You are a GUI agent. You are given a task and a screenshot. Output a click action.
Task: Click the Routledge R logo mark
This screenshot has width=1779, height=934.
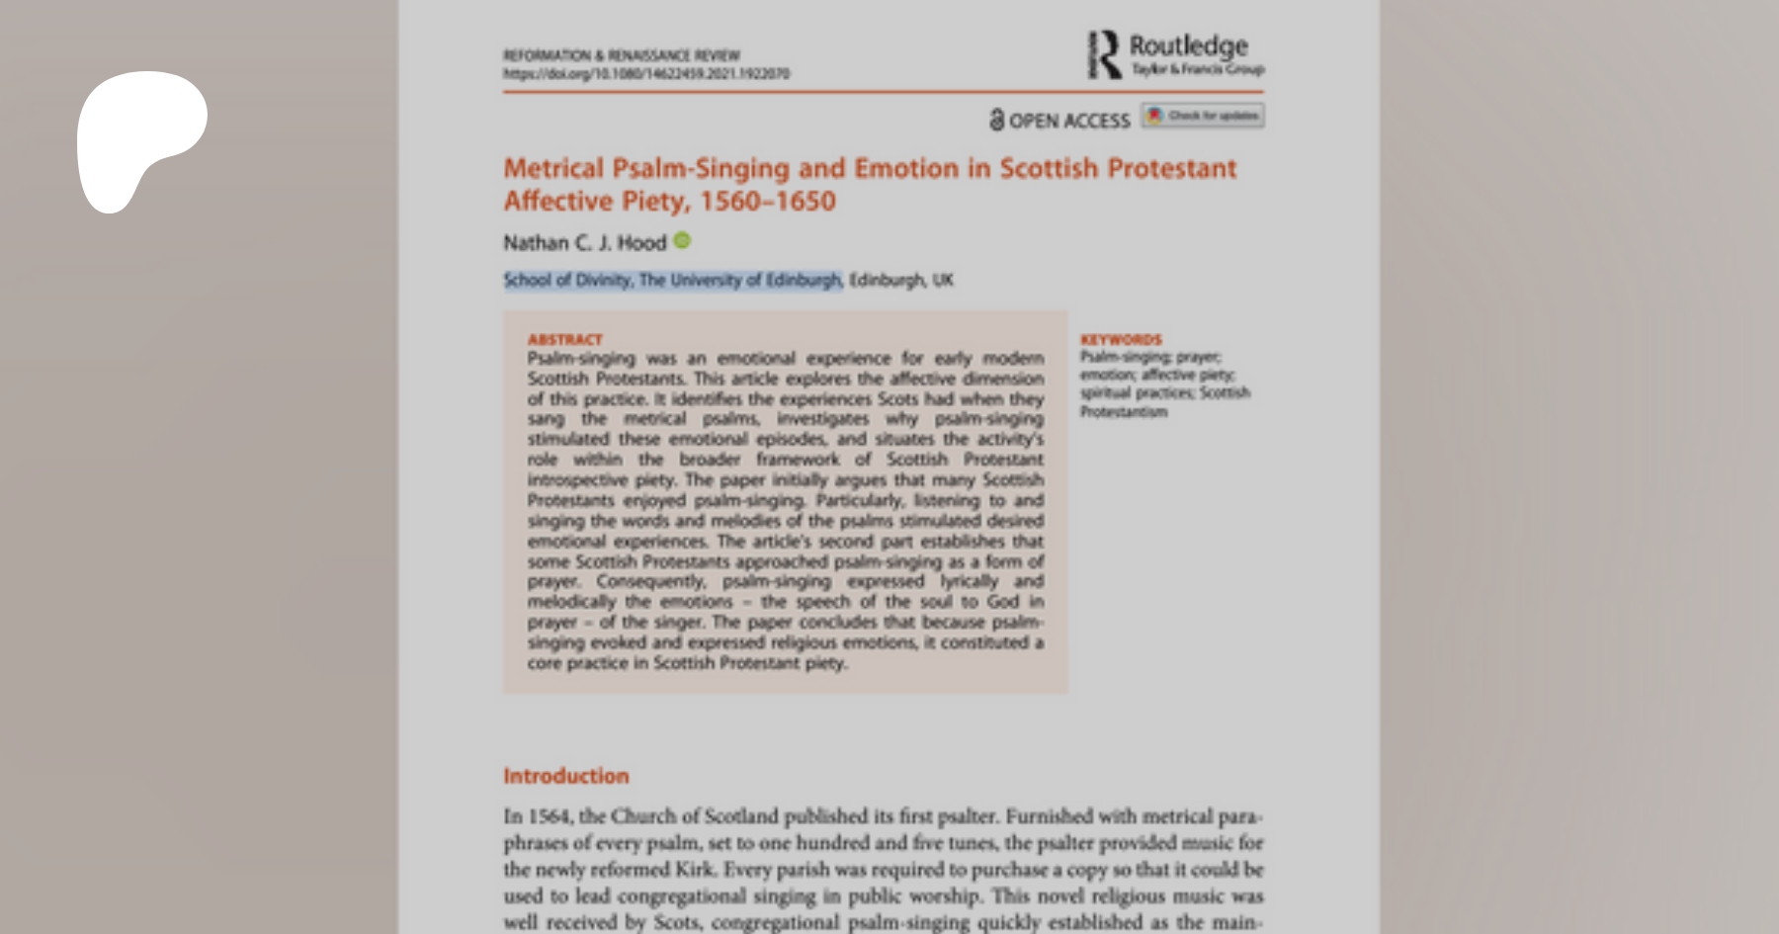pyautogui.click(x=1104, y=54)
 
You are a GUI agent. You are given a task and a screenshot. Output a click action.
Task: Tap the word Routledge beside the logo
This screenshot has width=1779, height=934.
pyautogui.click(x=1188, y=45)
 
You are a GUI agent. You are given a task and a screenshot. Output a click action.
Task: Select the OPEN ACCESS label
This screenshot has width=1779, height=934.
pyautogui.click(x=1068, y=121)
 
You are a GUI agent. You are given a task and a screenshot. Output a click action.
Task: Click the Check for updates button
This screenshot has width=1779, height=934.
pyautogui.click(x=1203, y=116)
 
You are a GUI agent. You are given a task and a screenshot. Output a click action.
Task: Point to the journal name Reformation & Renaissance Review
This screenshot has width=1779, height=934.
pyautogui.click(x=621, y=55)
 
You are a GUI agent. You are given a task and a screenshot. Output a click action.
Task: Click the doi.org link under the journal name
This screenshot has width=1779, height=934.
pyautogui.click(x=645, y=73)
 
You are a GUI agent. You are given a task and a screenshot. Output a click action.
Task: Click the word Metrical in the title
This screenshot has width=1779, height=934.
pyautogui.click(x=552, y=168)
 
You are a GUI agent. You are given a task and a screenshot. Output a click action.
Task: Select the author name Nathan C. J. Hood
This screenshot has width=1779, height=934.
pyautogui.click(x=584, y=242)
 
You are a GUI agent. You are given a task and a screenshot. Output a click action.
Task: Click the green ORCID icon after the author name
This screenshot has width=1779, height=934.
pyautogui.click(x=682, y=240)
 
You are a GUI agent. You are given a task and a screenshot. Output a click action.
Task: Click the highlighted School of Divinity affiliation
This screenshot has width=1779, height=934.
pyautogui.click(x=672, y=280)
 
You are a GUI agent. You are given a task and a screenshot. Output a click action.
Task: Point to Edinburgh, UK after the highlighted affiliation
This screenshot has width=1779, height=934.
pyautogui.click(x=900, y=280)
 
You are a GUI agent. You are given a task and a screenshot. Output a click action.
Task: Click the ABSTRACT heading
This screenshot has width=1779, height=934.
pyautogui.click(x=564, y=339)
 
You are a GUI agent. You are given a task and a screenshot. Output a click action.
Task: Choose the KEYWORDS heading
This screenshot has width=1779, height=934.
pyautogui.click(x=1121, y=339)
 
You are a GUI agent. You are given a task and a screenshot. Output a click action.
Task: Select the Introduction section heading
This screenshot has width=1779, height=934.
pyautogui.click(x=565, y=776)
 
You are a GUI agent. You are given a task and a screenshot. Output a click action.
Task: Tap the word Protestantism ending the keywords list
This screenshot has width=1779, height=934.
pyautogui.click(x=1123, y=411)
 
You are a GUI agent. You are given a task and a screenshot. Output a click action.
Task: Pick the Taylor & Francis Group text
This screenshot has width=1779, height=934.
pyautogui.click(x=1198, y=69)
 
